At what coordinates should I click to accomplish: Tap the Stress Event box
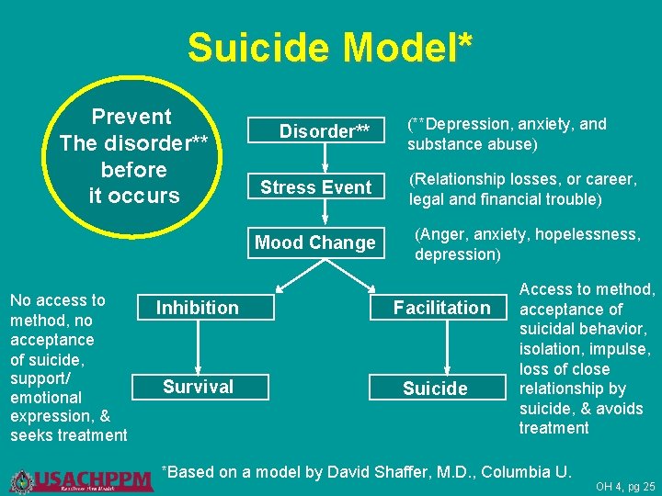point(315,187)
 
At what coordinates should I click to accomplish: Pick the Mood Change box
point(315,243)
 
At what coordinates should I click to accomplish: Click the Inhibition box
point(198,308)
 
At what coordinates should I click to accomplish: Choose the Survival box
point(198,387)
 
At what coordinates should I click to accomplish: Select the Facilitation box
point(442,308)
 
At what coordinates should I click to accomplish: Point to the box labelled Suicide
point(436,389)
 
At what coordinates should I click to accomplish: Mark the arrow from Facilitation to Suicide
point(446,347)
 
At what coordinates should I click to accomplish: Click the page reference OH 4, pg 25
point(625,486)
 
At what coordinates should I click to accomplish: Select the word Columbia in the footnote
point(516,472)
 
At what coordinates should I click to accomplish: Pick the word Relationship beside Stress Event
point(454,179)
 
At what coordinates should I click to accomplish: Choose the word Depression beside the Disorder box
point(465,124)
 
